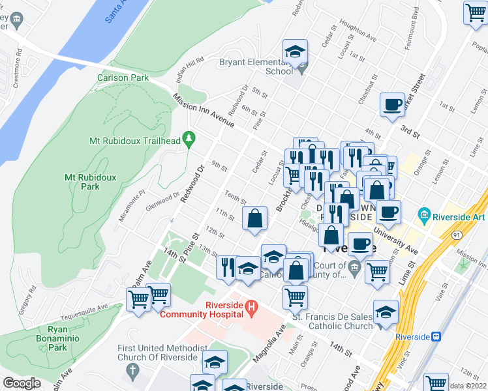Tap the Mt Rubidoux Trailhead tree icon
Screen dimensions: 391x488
189,138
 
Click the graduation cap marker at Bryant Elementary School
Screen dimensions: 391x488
295,52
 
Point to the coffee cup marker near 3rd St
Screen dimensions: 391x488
393,104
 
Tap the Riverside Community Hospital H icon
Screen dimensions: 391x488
251,306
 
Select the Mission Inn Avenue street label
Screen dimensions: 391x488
203,111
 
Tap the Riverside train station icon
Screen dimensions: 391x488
436,336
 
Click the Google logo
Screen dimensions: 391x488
22,383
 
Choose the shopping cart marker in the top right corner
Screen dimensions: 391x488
475,12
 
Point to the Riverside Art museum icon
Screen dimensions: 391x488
424,214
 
